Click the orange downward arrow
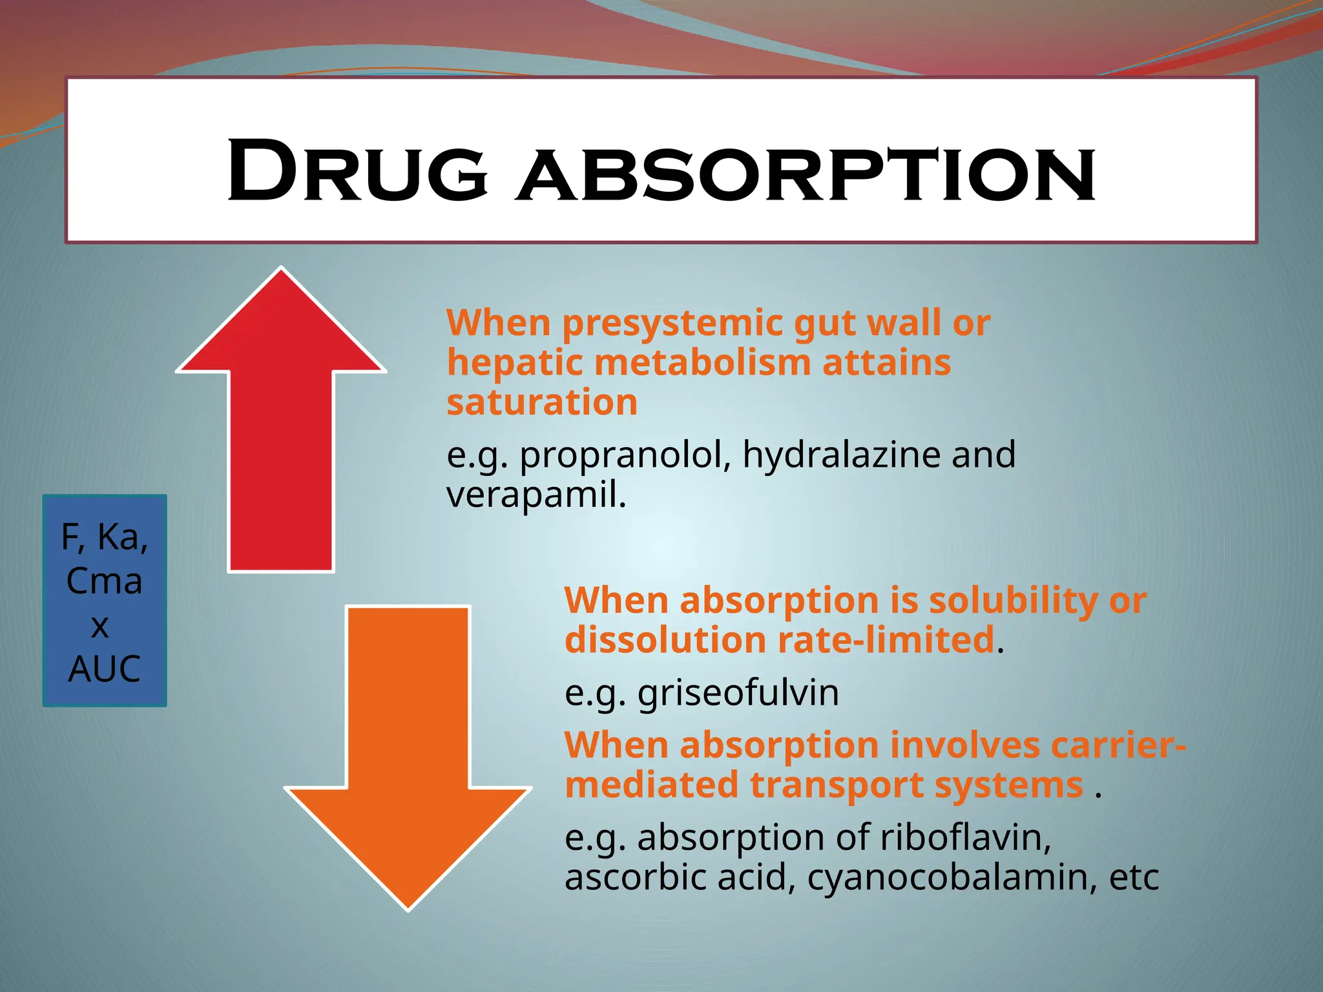coord(408,743)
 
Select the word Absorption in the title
coord(805,174)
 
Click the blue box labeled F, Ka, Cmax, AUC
coord(105,601)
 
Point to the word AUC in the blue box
coord(105,668)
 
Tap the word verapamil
coord(534,495)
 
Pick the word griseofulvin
coord(738,693)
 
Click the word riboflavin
coord(964,838)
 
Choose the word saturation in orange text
coord(542,402)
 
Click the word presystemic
coord(672,322)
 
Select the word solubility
coord(1013,601)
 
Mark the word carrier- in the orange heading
coord(1118,745)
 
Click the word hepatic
coord(514,362)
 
